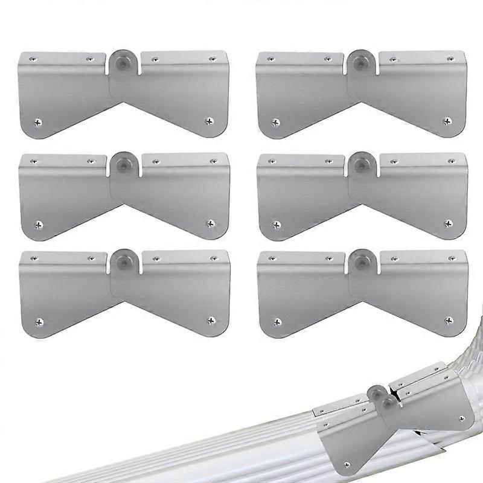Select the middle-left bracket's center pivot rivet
coord(124,163)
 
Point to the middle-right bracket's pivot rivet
coord(361,164)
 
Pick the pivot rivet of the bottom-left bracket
coord(124,260)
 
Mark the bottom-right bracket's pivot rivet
coord(361,260)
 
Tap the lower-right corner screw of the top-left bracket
coord(210,121)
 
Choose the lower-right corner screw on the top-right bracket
coord(447,121)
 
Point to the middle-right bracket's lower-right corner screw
coord(447,224)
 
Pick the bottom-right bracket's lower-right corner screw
coord(447,320)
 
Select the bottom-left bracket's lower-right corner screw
coord(210,319)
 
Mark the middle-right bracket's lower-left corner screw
coord(277,225)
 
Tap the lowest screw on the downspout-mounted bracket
coord(347,464)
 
